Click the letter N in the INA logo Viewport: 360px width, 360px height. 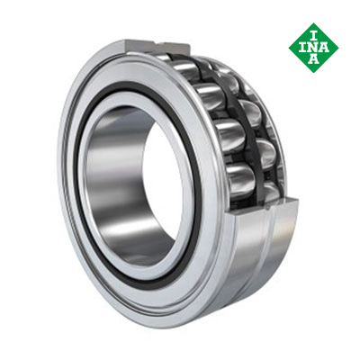(x=313, y=48)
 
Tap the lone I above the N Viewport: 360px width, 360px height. (x=314, y=37)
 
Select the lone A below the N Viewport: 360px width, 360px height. (x=314, y=59)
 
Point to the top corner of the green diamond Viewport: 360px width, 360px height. (x=314, y=23)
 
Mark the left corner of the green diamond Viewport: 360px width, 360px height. (x=289, y=48)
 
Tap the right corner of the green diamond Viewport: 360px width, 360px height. (x=339, y=48)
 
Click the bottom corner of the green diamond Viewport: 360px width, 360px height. (x=314, y=73)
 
